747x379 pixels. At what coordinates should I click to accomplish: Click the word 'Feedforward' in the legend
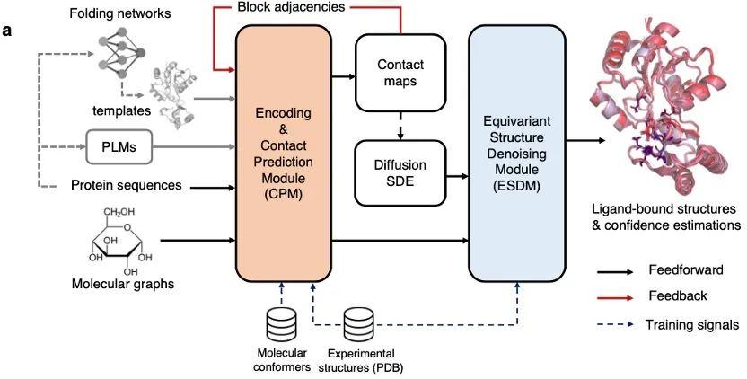(680, 269)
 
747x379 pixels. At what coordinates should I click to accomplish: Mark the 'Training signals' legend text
(692, 323)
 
